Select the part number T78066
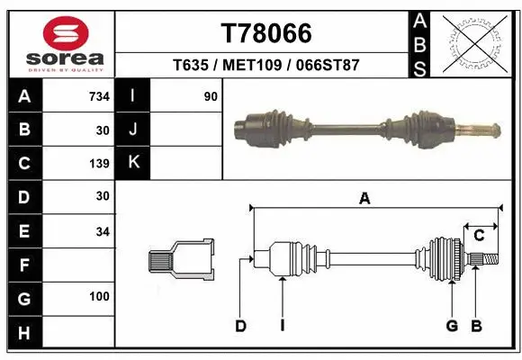(266, 33)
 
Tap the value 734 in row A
(98, 96)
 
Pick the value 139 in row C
(99, 164)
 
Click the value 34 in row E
(102, 231)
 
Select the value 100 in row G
(99, 296)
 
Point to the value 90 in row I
(210, 96)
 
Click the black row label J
(134, 130)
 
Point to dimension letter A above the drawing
(364, 199)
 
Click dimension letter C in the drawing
(479, 236)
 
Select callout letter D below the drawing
(240, 326)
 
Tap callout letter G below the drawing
(452, 326)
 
